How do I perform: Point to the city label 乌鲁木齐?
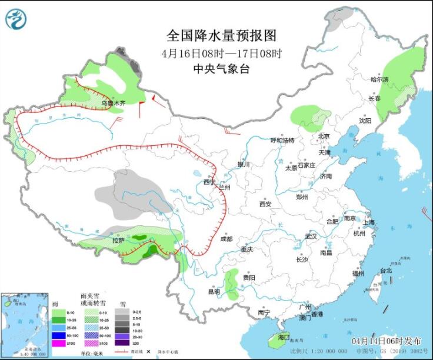coord(113,104)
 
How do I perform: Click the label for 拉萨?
coord(118,240)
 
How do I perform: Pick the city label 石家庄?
coord(311,166)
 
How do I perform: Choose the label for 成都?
coord(226,239)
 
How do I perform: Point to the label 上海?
coord(369,222)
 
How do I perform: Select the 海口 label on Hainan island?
coord(284,338)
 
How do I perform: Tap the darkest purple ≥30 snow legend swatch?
coord(122,342)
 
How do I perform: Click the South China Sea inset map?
coord(24,324)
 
